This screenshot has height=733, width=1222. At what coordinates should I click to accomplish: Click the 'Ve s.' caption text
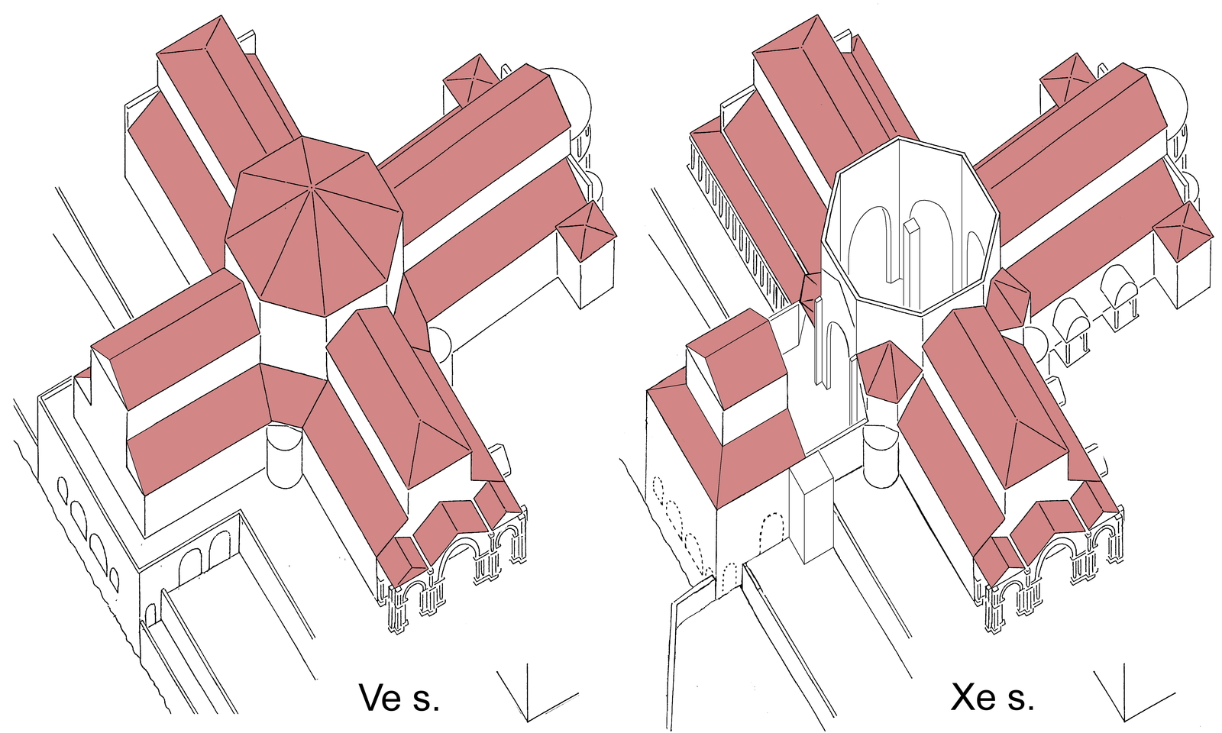coord(399,697)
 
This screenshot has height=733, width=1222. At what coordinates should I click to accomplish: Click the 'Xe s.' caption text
coord(992,697)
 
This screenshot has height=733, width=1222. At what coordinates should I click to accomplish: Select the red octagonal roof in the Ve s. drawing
coord(313,225)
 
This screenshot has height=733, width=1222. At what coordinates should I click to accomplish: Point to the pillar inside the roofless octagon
coord(912,260)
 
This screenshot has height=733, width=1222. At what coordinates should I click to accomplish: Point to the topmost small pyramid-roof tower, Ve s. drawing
coord(470,77)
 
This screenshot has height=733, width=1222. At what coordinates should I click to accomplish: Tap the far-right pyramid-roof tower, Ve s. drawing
coord(587,229)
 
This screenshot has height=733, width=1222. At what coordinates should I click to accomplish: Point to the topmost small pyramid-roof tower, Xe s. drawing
coord(1067,77)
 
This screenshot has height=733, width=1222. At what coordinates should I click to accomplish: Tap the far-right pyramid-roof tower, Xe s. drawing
coord(1183,229)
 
